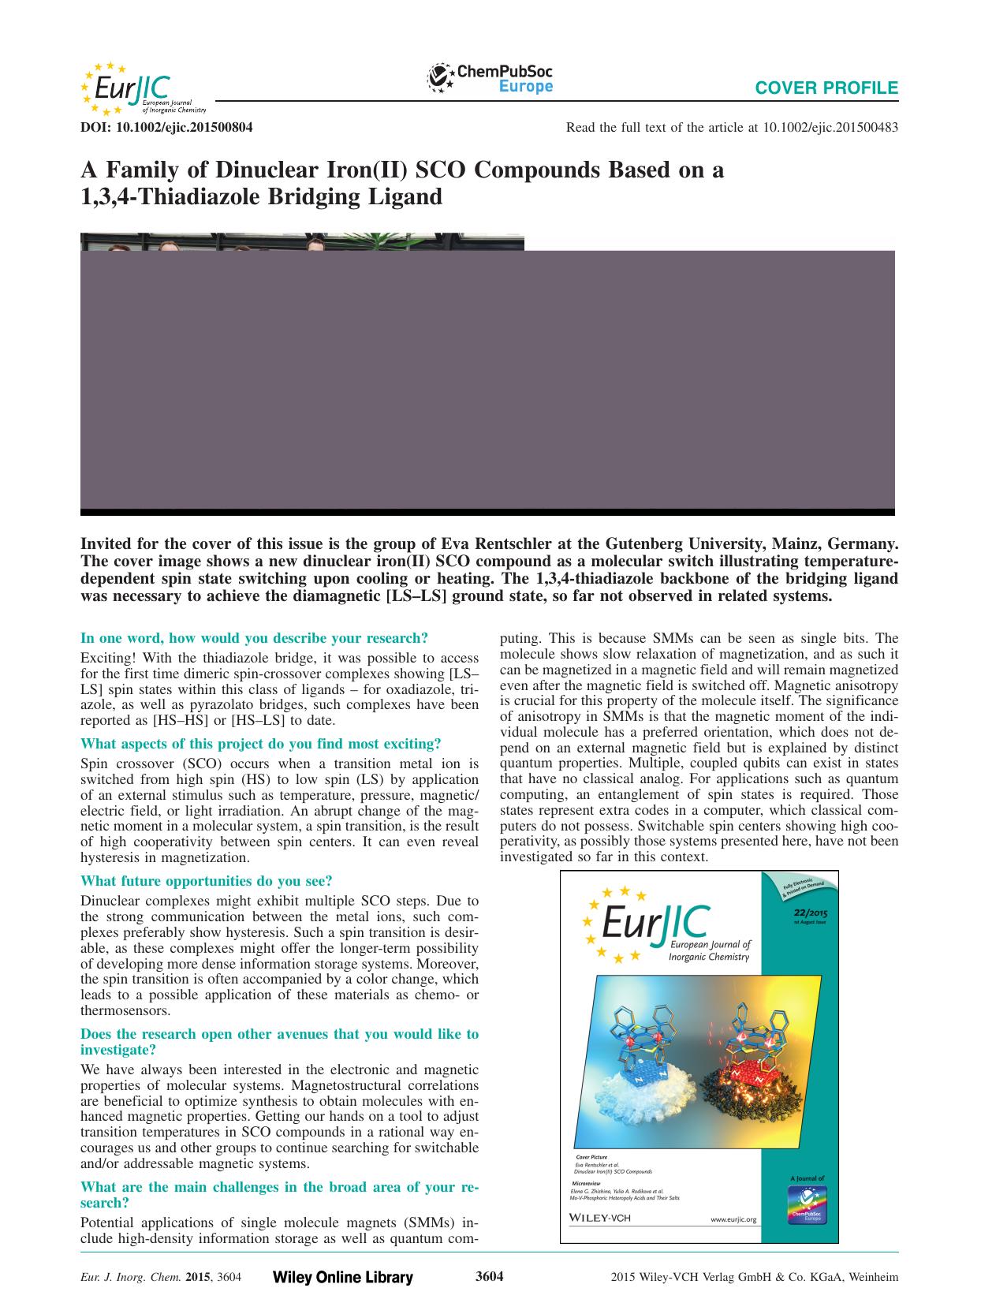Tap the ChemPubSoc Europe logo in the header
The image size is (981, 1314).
(x=490, y=80)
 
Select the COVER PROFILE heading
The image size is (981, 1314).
(x=826, y=88)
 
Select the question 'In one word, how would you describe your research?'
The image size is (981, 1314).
(x=255, y=637)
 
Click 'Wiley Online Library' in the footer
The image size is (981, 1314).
(x=342, y=1278)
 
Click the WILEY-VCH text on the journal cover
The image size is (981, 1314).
(x=601, y=1217)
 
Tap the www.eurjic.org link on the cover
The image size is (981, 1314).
(x=733, y=1219)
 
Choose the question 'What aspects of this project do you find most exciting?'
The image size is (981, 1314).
(x=261, y=743)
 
